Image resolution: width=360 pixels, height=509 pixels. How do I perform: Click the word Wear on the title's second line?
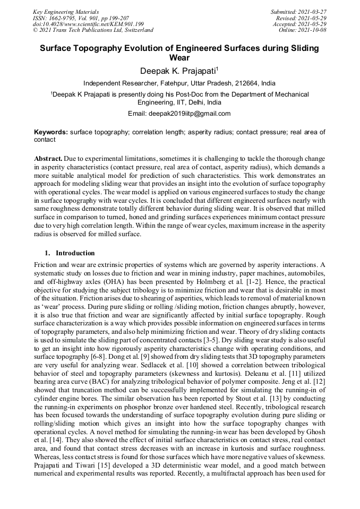(179, 58)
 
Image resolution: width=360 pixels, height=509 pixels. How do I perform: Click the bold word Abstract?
(48, 159)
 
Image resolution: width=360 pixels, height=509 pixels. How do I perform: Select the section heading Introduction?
(75, 253)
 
